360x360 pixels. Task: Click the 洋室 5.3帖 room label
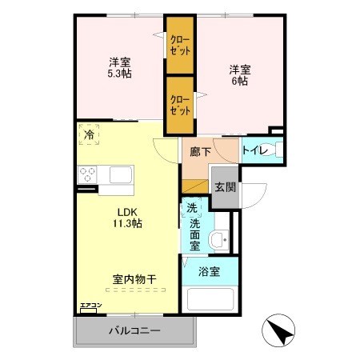point(121,67)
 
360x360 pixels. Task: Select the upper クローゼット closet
point(180,45)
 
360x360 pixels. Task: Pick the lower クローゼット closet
point(180,105)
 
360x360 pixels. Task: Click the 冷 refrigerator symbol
point(90,134)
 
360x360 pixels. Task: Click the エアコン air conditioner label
point(90,306)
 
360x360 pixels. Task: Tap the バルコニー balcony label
point(134,331)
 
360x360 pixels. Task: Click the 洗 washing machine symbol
point(192,209)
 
